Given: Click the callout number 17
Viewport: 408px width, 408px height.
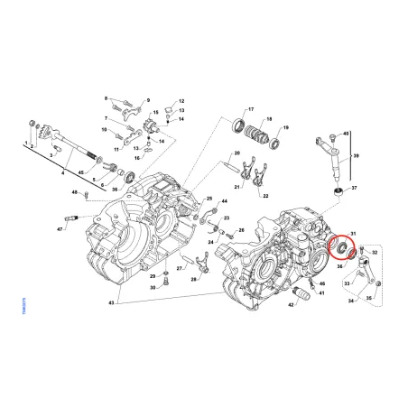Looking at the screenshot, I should (251, 108).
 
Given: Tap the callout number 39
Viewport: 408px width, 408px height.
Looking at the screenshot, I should (354, 155).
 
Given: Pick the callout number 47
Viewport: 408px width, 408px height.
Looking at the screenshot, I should (60, 231).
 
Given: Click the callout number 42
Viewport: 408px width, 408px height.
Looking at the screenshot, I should (292, 307).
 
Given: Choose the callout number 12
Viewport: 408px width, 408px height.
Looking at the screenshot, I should (181, 101).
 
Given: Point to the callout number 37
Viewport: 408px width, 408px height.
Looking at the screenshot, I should (354, 189).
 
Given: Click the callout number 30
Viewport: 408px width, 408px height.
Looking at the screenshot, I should (153, 287).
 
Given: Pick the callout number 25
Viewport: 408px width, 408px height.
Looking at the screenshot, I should (209, 198).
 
